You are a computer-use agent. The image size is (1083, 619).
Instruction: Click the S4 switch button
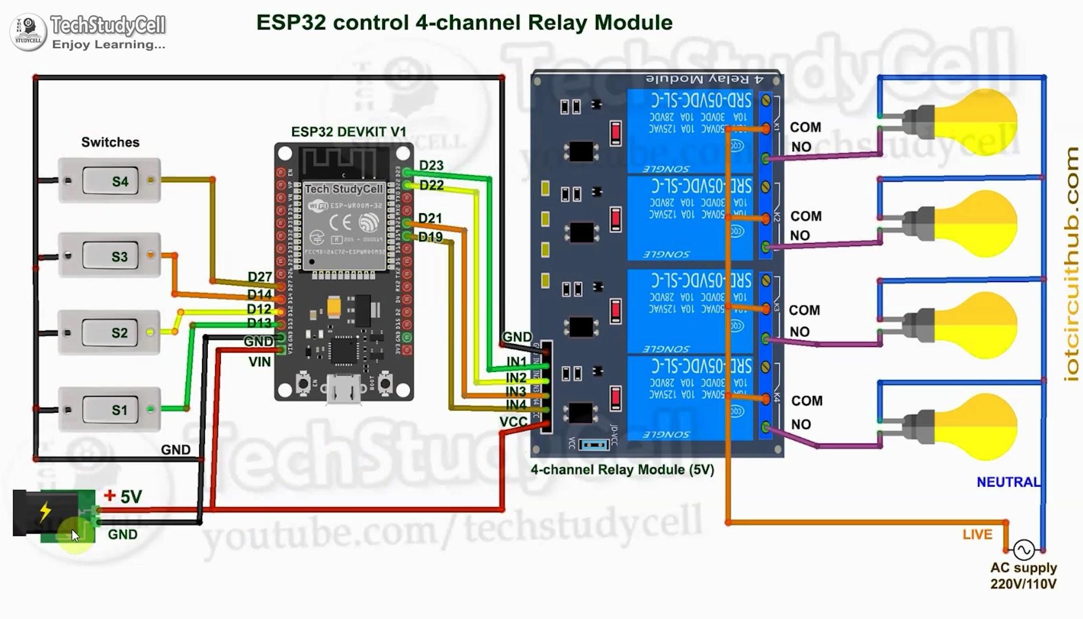[110, 181]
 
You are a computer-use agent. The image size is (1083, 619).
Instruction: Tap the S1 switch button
[110, 409]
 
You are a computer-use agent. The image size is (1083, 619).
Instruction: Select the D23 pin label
[431, 165]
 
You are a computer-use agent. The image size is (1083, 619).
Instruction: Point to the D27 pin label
[259, 277]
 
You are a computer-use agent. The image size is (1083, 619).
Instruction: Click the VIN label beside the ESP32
[259, 362]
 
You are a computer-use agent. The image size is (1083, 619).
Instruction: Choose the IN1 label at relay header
[516, 362]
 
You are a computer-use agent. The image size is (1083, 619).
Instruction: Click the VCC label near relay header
[513, 422]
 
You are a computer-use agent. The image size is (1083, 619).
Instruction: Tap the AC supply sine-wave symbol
[1023, 549]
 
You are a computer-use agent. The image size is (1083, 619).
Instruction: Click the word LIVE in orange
[977, 534]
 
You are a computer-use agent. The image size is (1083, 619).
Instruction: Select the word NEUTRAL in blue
[1008, 482]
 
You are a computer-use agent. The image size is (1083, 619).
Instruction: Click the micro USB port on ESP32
[343, 390]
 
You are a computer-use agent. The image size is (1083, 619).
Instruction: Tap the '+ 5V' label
[123, 497]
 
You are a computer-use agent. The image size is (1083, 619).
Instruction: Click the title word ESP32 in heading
[291, 23]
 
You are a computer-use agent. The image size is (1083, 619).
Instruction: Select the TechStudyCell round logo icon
[28, 32]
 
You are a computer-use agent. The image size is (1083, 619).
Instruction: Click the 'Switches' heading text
[110, 142]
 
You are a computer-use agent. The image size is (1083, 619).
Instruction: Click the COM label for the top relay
[805, 127]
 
